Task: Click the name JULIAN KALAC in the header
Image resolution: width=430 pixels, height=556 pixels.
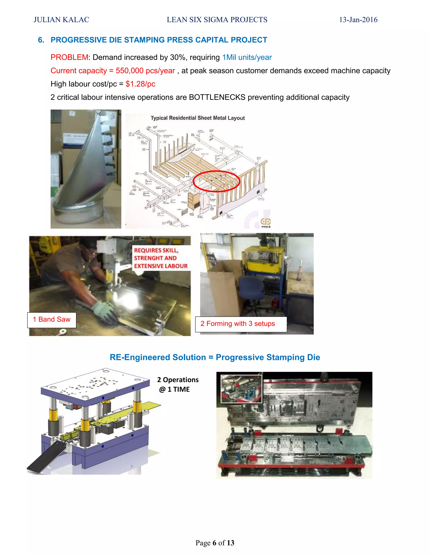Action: (61, 20)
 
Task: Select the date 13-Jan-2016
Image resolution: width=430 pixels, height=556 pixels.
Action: (358, 20)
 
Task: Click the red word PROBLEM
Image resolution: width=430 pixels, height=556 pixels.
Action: (69, 57)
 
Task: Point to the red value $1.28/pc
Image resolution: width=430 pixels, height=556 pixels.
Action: (140, 84)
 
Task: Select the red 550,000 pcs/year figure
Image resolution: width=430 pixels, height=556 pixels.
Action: (145, 71)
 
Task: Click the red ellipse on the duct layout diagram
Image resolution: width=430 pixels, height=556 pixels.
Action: (216, 181)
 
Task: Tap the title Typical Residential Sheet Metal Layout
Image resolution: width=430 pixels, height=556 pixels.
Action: (198, 118)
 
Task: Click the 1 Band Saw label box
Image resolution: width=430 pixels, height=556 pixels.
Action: (52, 320)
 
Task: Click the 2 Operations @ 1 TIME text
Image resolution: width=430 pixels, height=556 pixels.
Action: (178, 384)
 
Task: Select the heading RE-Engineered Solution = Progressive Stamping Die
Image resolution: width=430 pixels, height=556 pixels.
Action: (215, 357)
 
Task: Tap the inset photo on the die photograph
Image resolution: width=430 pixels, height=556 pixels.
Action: (241, 389)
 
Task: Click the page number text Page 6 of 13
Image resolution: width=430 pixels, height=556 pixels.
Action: (215, 543)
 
